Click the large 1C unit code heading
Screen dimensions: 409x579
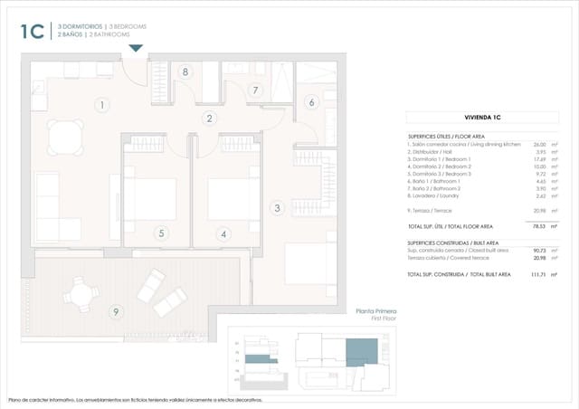[33, 32]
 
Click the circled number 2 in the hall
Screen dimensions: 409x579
[209, 118]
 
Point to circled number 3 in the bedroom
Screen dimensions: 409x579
[277, 208]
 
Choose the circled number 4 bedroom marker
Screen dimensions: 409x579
[223, 233]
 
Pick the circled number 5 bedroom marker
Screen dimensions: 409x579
[161, 233]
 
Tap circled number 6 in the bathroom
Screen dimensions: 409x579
[312, 102]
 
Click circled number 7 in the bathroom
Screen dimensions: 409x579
[256, 90]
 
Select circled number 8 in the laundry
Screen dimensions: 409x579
[185, 71]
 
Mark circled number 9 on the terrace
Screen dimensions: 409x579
[115, 312]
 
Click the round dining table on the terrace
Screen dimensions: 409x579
[82, 291]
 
